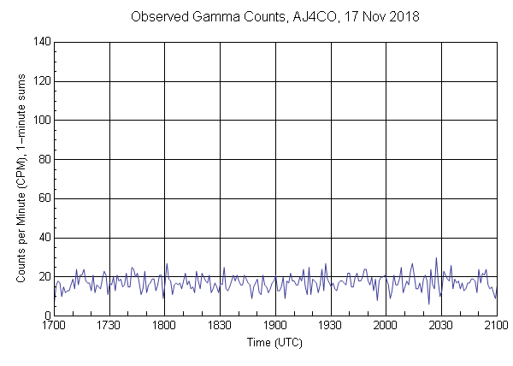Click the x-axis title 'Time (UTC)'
(275, 342)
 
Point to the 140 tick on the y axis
(41, 42)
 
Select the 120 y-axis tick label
(41, 81)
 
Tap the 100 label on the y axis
(41, 121)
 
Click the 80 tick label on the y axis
(44, 159)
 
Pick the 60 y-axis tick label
(44, 198)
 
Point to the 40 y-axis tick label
(44, 238)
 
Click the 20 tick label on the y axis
(44, 277)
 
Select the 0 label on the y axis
(46, 316)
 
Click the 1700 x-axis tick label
(54, 326)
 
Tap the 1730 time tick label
(109, 326)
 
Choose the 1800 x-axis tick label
(164, 326)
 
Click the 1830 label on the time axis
(220, 326)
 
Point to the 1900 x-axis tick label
(275, 326)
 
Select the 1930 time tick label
(330, 326)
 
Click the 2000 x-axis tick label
(386, 326)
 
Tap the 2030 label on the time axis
(441, 326)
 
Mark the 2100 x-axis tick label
(496, 326)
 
